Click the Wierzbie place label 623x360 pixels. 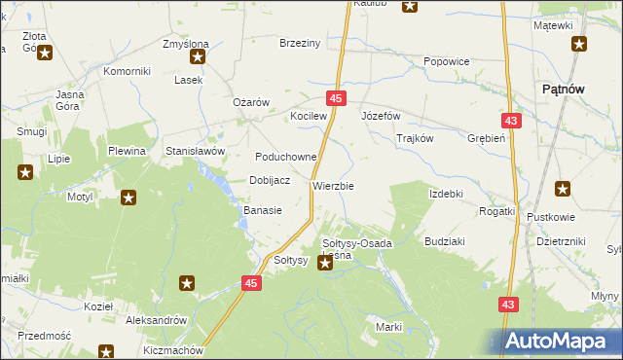pos(333,185)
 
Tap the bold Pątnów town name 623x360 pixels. pos(562,89)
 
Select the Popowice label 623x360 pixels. pos(447,61)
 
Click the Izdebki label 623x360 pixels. pos(446,194)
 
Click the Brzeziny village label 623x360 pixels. pos(300,44)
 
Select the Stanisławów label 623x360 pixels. pos(196,152)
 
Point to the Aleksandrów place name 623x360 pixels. pos(156,319)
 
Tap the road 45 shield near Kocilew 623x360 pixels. pos(336,99)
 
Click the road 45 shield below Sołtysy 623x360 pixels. pos(251,283)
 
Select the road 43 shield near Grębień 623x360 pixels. pos(510,120)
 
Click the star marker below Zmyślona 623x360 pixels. pos(198,69)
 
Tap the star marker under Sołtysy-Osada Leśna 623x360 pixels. pos(325,262)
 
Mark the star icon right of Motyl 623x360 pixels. pos(128,198)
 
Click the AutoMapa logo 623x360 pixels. pos(562,342)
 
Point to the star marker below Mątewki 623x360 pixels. pos(579,43)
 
